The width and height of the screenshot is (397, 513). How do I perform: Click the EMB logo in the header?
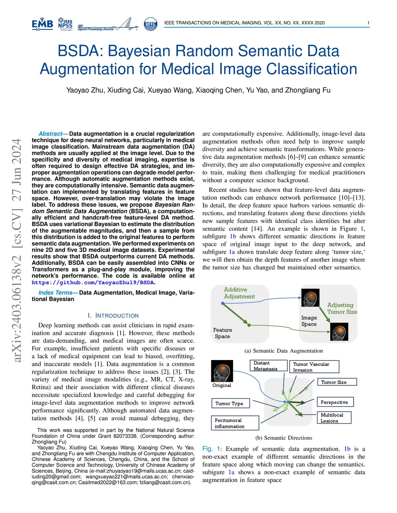(x=42, y=24)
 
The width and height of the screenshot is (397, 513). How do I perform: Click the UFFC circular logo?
(x=150, y=24)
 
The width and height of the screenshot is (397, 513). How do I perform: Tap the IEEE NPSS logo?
(x=65, y=24)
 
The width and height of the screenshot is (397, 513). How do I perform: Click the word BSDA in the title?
(x=80, y=51)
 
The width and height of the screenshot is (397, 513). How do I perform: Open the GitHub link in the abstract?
(x=93, y=283)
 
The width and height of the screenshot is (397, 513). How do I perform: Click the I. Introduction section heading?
(x=113, y=316)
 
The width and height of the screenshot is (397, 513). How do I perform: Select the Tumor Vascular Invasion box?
(x=314, y=367)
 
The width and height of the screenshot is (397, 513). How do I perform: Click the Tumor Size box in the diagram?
(x=337, y=382)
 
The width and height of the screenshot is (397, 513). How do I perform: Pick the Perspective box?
(x=335, y=402)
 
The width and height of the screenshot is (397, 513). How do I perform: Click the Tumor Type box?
(x=230, y=403)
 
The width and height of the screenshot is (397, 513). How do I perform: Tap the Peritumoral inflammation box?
(x=235, y=423)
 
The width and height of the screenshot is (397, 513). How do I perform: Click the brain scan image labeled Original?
(x=222, y=371)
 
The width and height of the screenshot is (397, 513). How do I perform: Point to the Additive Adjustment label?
(x=239, y=293)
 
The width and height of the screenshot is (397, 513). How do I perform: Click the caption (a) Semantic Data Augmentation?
(x=283, y=351)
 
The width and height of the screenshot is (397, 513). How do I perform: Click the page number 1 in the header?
(x=368, y=23)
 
